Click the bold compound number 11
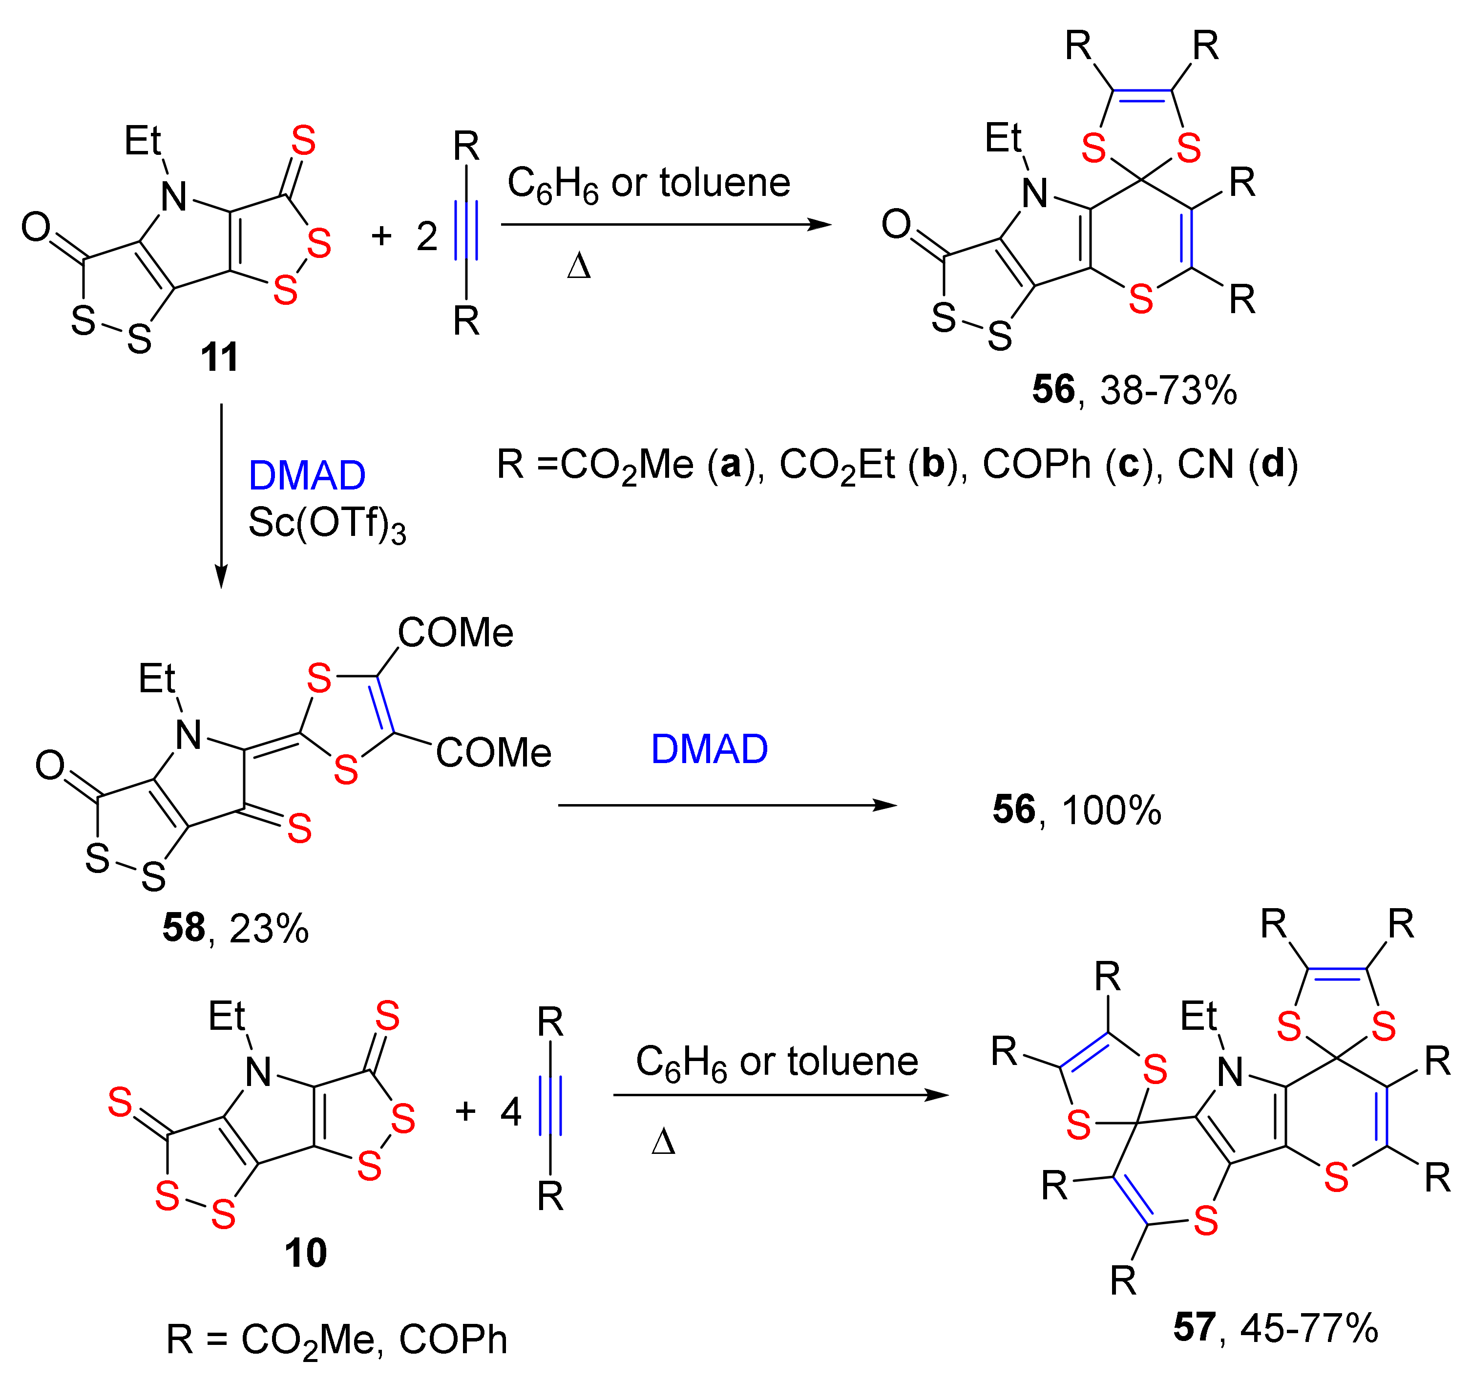220,358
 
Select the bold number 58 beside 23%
184,928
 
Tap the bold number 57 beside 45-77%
1194,1327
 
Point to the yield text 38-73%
1168,390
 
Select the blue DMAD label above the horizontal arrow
709,749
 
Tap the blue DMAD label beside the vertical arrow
306,475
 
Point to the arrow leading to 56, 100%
727,805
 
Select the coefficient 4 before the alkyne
510,1111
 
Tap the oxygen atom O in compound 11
36,227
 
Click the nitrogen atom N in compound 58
188,735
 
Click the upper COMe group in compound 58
455,633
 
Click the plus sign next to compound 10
464,1111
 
